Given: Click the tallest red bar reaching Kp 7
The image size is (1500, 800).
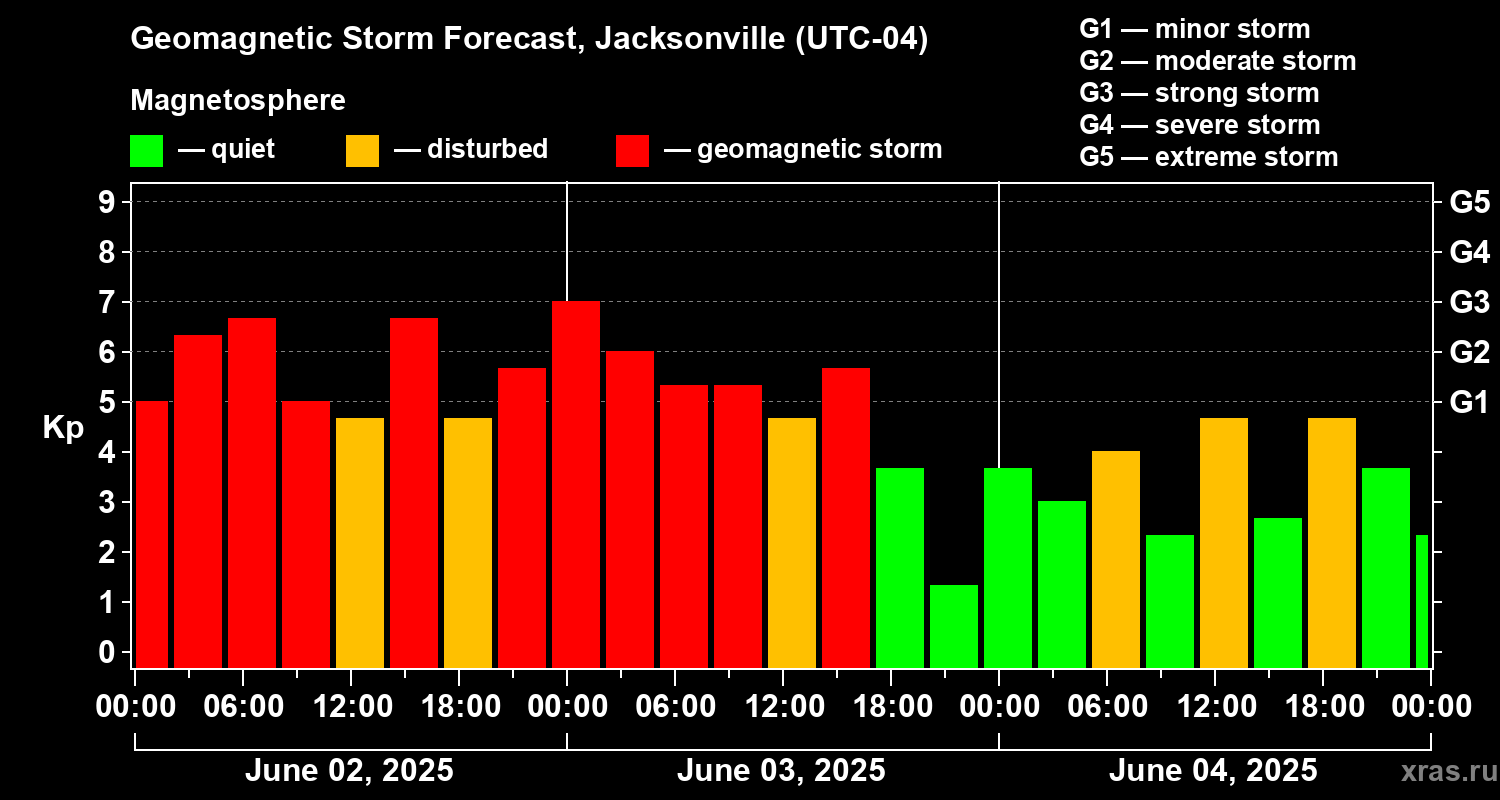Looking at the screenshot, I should coord(576,485).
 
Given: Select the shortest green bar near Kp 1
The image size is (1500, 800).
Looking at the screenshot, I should coord(954,626).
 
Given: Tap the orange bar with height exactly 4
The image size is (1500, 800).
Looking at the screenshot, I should coord(1116,560).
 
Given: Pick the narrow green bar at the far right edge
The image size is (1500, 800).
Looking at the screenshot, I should coord(1422,601).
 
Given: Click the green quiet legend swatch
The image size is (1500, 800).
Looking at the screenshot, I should coord(146,150).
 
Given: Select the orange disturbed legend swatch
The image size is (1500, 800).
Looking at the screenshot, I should coord(362,150).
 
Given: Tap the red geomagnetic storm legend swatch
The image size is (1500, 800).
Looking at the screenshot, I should coord(632,150).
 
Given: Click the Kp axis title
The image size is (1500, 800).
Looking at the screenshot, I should coord(63,428).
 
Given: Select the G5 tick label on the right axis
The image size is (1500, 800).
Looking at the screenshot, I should coord(1469,203).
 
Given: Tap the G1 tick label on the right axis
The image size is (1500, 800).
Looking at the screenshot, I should coord(1469,403).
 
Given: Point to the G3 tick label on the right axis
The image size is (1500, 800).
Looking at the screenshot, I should coord(1469,302).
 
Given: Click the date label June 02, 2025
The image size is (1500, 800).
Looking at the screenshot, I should coord(349,771).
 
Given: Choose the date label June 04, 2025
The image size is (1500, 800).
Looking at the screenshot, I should coord(1213,771).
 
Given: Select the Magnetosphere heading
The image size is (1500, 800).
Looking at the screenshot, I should coord(238,101).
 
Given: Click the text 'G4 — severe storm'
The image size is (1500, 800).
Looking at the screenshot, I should coord(1200,125).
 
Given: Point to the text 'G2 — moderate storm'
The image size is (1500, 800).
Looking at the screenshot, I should coord(1218,61).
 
